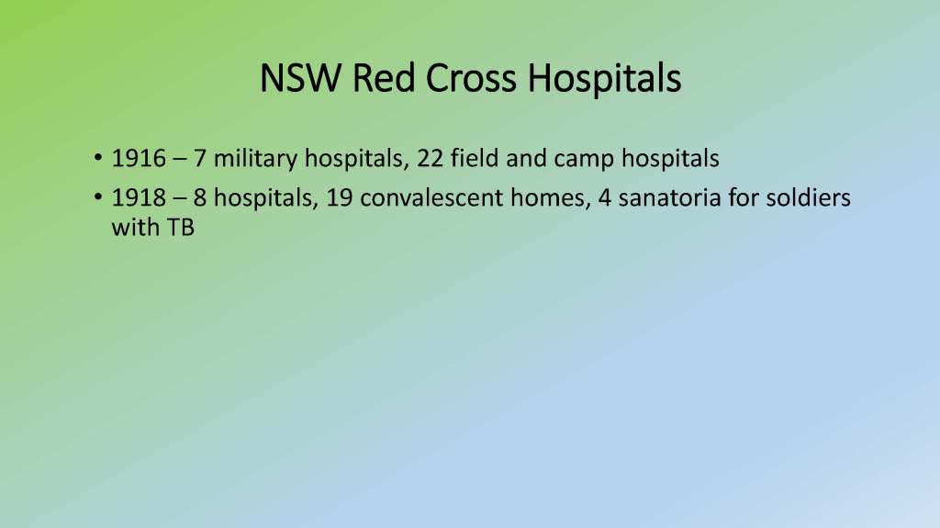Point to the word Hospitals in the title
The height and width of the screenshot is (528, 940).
(x=604, y=79)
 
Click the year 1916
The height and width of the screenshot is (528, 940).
(x=140, y=158)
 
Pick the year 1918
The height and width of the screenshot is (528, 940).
(x=140, y=198)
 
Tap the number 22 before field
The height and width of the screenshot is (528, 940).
(x=430, y=158)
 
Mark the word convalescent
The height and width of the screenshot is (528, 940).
(x=431, y=197)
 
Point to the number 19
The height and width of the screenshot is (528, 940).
(x=339, y=198)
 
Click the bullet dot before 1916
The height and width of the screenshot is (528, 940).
(x=97, y=158)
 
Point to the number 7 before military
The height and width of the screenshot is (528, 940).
(x=199, y=158)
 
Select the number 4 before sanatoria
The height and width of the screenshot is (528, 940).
(x=604, y=198)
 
